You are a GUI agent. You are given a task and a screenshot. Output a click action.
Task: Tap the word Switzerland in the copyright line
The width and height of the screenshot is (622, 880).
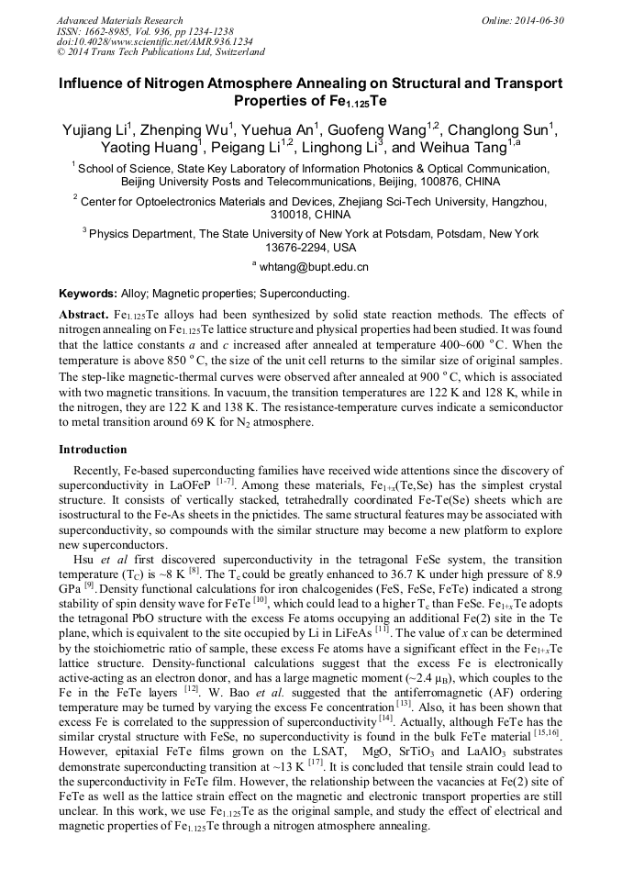tap(231, 52)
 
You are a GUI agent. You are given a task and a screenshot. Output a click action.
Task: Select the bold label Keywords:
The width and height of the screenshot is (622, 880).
tap(88, 295)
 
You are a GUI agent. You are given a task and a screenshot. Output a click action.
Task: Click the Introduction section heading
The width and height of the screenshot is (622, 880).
tap(93, 450)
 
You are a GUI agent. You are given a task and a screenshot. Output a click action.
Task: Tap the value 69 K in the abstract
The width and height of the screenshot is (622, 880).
tap(183, 423)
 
